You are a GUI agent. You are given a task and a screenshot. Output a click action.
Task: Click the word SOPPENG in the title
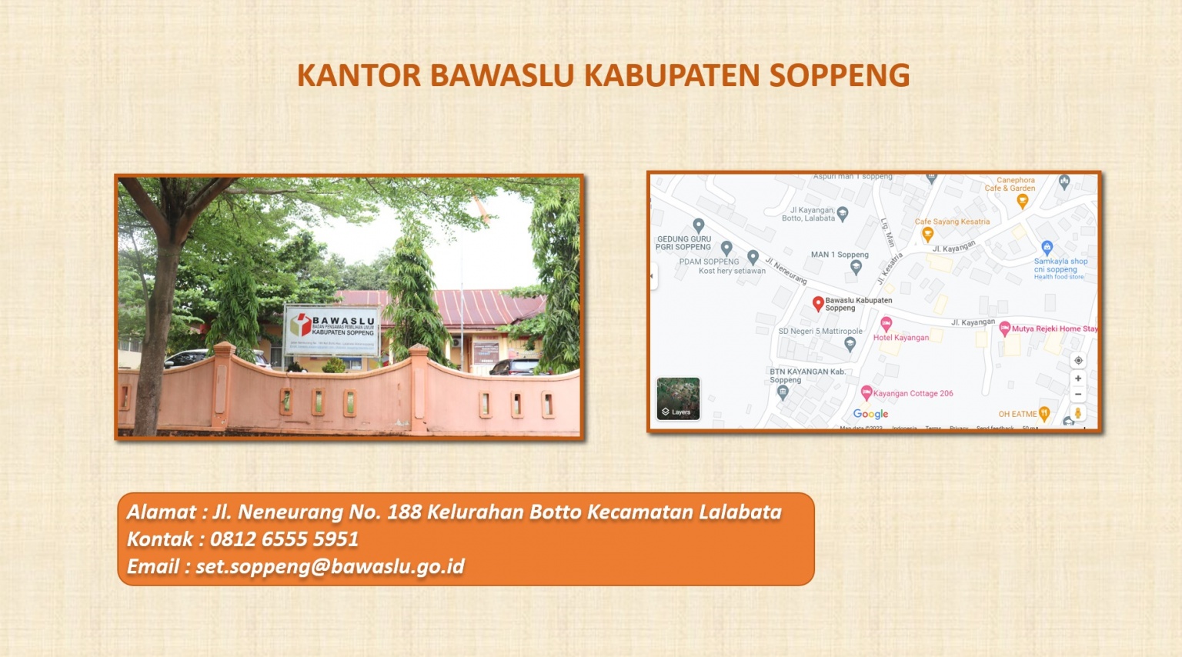point(840,75)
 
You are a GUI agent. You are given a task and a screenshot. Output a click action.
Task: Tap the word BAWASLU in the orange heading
point(502,75)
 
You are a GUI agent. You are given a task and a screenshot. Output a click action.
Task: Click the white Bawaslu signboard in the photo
point(331,329)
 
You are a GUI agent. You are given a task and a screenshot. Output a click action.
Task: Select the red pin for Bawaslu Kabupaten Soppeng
point(818,304)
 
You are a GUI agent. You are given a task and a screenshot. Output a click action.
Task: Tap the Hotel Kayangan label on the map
point(900,338)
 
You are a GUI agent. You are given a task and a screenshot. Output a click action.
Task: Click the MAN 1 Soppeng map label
point(840,255)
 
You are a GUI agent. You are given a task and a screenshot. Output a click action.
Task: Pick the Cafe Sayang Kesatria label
point(952,222)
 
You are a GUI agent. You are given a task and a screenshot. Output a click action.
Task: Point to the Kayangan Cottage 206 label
point(913,393)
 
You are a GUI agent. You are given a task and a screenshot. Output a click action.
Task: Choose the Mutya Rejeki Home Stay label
point(1054,328)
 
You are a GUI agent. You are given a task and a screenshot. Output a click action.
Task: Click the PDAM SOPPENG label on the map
point(709,262)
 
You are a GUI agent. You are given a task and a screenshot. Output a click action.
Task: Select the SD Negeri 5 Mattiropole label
point(820,332)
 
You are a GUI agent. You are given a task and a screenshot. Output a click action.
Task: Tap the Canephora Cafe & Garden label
point(1011,184)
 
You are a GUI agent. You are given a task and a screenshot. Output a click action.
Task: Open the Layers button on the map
point(678,399)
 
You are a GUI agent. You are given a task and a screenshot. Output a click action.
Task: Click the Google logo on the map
point(870,414)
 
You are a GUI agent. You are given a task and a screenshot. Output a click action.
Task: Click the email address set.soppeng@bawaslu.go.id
point(330,567)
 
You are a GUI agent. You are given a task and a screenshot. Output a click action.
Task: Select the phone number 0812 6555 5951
point(284,539)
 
